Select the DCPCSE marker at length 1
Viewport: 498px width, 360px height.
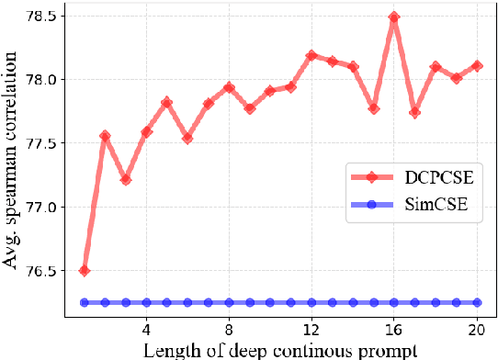(x=85, y=270)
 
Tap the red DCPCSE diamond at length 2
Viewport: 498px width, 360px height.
(x=105, y=135)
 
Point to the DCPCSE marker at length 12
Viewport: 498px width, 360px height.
(x=311, y=55)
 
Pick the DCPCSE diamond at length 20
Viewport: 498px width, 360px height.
(x=476, y=65)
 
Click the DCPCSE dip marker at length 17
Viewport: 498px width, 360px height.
(x=414, y=112)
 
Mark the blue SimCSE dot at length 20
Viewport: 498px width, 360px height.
(x=476, y=302)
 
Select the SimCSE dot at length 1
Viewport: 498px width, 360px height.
(x=85, y=302)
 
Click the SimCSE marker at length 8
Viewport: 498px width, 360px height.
(x=229, y=302)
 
